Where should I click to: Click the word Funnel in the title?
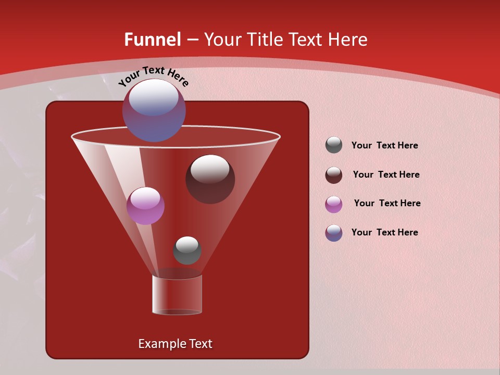152,40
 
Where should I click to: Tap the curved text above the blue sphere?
153,76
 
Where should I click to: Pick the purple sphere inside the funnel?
145,206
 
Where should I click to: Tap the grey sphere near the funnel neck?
187,251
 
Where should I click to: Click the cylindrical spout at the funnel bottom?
177,295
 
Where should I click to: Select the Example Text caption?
175,344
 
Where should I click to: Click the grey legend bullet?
334,145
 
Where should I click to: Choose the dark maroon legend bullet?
334,175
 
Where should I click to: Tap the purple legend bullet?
334,204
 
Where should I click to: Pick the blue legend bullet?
334,233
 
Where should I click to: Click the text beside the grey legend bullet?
384,146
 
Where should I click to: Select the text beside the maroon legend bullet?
386,175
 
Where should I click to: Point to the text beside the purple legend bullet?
387,204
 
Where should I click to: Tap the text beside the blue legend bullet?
384,232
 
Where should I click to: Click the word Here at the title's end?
347,40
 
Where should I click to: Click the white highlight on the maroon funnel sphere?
210,169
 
